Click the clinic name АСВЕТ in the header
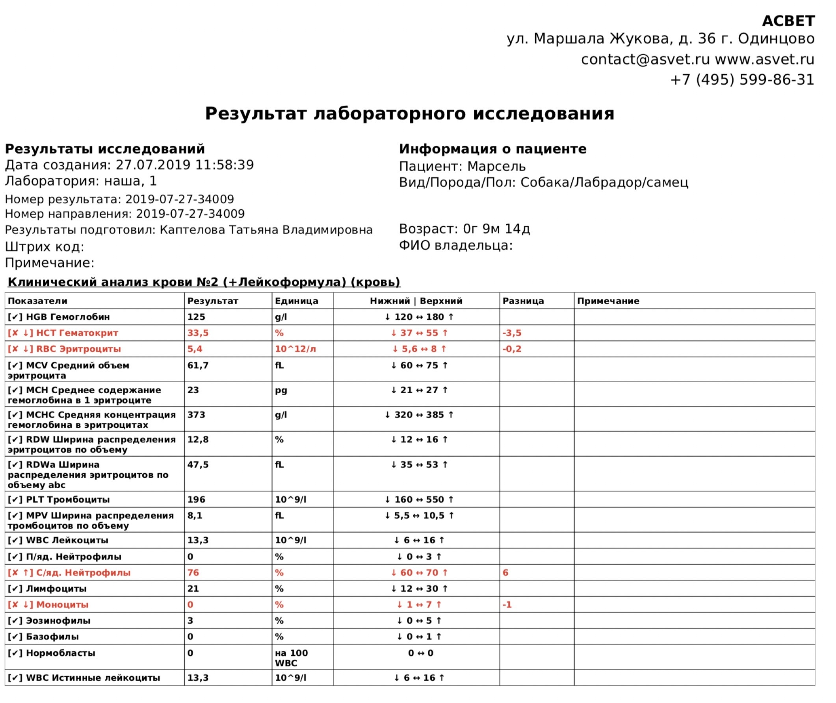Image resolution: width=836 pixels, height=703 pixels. click(788, 21)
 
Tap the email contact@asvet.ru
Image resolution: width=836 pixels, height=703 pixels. click(645, 60)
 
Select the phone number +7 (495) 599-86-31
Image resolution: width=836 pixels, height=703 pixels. click(742, 80)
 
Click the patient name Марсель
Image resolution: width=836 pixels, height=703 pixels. click(496, 166)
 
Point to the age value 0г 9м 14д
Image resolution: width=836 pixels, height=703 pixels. click(496, 229)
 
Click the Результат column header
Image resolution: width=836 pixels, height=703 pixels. click(213, 301)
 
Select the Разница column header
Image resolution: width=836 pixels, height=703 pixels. click(523, 301)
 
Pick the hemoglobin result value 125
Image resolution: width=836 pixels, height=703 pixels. click(196, 317)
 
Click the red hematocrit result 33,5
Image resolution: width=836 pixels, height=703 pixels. click(198, 333)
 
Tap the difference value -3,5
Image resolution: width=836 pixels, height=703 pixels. click(512, 333)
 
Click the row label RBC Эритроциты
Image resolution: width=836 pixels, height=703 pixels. click(78, 349)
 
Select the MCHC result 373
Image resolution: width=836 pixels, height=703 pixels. click(196, 415)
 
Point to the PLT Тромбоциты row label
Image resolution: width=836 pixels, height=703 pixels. click(68, 499)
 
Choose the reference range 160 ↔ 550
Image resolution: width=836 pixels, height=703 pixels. click(419, 499)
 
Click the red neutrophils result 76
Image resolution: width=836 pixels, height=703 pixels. click(193, 573)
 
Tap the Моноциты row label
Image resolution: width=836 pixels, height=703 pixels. click(62, 604)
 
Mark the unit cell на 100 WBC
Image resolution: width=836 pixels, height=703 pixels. click(291, 658)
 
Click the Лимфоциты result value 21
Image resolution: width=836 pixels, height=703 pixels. click(193, 589)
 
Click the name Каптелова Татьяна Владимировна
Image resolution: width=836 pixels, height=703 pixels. click(266, 230)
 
